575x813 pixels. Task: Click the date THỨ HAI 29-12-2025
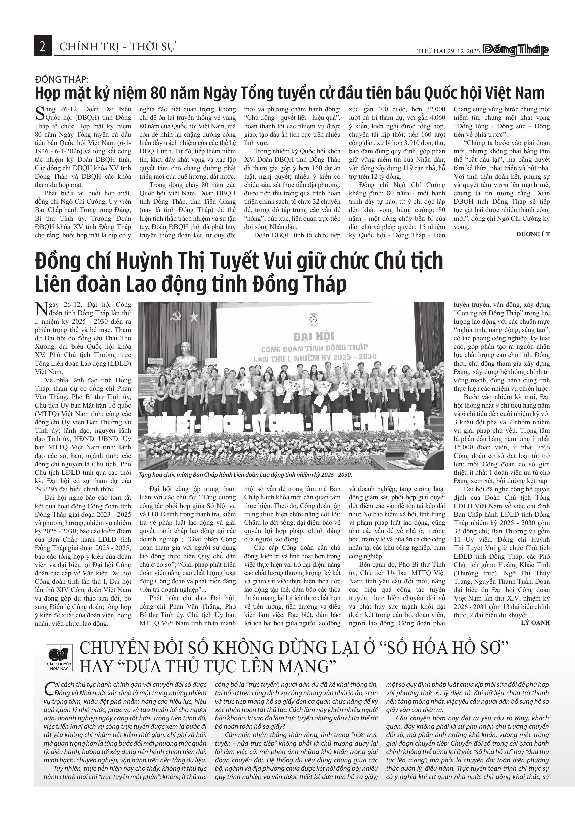[448, 51]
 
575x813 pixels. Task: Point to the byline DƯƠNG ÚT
[533, 234]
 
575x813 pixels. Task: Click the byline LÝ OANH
[535, 622]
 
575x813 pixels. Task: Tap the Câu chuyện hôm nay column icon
[59, 658]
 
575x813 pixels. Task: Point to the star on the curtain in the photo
[193, 317]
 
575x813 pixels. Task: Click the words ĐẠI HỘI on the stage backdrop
[314, 335]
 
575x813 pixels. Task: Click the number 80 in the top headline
[158, 93]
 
